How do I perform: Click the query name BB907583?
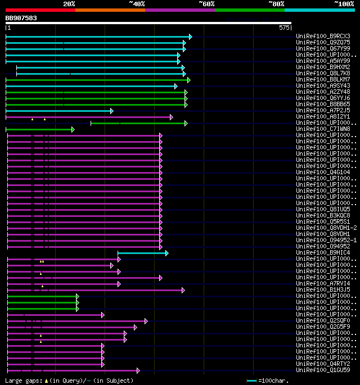click(x=21, y=18)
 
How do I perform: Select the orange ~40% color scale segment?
click(x=110, y=10)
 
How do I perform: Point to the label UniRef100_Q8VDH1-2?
click(x=325, y=228)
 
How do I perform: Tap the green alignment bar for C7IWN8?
click(x=39, y=129)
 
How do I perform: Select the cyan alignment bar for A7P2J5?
click(x=59, y=111)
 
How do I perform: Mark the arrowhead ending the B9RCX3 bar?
click(x=190, y=37)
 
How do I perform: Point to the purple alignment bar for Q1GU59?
click(x=73, y=370)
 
